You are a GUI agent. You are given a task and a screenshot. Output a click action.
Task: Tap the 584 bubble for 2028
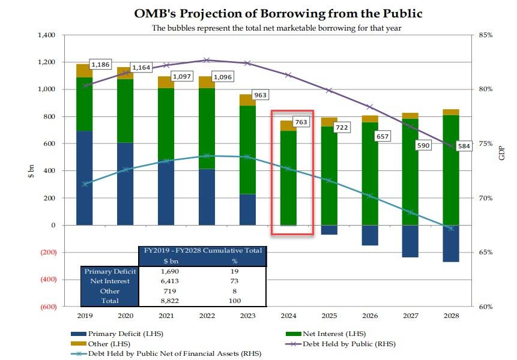tap(463, 146)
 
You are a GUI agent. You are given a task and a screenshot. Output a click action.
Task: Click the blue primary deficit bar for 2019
tap(84, 178)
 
